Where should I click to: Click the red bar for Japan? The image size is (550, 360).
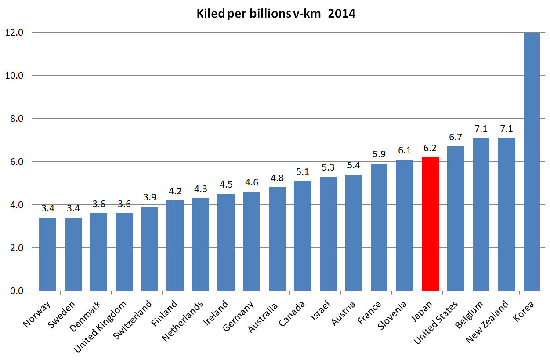[x=430, y=224]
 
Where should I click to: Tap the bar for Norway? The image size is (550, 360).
[x=47, y=254]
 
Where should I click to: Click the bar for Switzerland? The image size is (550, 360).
[x=149, y=249]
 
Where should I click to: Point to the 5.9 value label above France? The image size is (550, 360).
[x=379, y=155]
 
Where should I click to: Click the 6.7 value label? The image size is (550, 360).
[x=456, y=138]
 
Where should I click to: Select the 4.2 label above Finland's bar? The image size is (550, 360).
[x=175, y=192]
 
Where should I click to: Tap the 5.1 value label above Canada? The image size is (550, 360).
[x=303, y=172]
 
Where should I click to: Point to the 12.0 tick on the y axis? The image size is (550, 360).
[x=14, y=33]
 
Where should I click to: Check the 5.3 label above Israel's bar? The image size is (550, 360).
[x=328, y=167]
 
